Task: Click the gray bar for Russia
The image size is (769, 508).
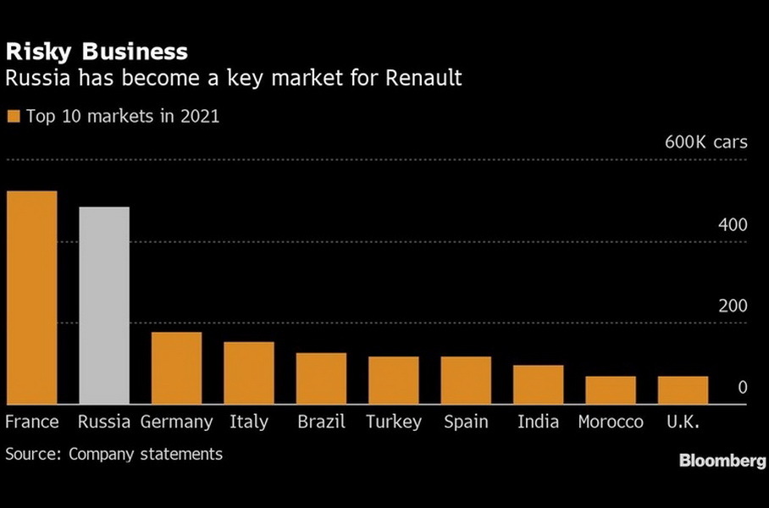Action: [x=103, y=306]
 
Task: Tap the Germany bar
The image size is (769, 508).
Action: [x=176, y=368]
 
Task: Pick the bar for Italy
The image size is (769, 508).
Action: [x=249, y=373]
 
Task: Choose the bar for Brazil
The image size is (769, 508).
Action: [x=321, y=378]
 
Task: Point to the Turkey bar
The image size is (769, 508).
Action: [x=394, y=380]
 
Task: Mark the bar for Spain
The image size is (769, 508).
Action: [x=466, y=380]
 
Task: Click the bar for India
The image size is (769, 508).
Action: [x=539, y=385]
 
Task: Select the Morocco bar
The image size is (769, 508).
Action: [x=611, y=390]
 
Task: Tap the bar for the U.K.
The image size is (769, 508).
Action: [x=683, y=390]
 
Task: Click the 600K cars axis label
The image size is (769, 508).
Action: [x=706, y=142]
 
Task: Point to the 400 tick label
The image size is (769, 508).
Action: [x=733, y=225]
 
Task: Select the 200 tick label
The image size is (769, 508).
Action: [x=733, y=306]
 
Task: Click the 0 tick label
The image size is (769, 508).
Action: [x=743, y=388]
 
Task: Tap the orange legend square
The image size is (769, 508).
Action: [x=13, y=117]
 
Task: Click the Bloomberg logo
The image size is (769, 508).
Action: [x=722, y=461]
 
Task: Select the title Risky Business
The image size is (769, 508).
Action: [x=97, y=52]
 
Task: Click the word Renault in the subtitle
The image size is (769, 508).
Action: [x=423, y=80]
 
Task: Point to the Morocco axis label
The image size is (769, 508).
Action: [x=611, y=422]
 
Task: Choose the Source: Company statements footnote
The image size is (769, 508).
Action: [x=114, y=455]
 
